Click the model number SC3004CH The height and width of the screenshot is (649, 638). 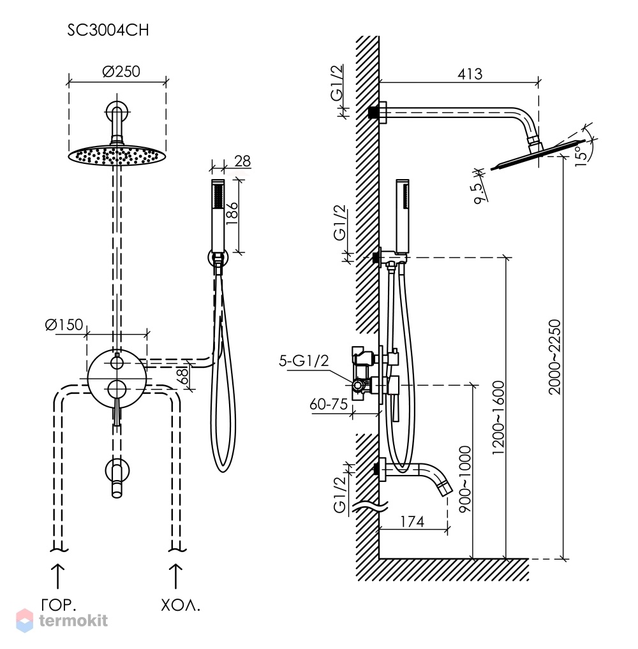click(x=108, y=30)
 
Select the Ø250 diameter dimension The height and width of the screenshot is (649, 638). click(x=121, y=71)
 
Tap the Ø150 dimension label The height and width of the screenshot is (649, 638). click(x=64, y=324)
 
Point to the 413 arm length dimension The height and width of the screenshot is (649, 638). click(x=470, y=74)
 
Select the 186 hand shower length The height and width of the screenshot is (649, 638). click(x=232, y=213)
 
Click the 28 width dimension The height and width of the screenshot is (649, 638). click(x=242, y=161)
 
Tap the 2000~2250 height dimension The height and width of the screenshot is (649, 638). click(x=554, y=357)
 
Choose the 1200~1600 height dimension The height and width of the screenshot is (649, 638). click(x=498, y=418)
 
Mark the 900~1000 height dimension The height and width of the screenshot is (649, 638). click(x=465, y=479)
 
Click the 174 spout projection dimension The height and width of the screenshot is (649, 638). click(x=412, y=521)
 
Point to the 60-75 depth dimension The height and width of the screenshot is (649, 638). click(x=329, y=404)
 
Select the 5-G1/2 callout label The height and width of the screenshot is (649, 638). click(x=304, y=361)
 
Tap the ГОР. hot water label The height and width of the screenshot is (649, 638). click(x=59, y=606)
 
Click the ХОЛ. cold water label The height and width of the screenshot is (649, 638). click(x=181, y=606)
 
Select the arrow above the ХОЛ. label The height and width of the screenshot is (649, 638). click(x=175, y=576)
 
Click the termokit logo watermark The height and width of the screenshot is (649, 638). click(x=62, y=620)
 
